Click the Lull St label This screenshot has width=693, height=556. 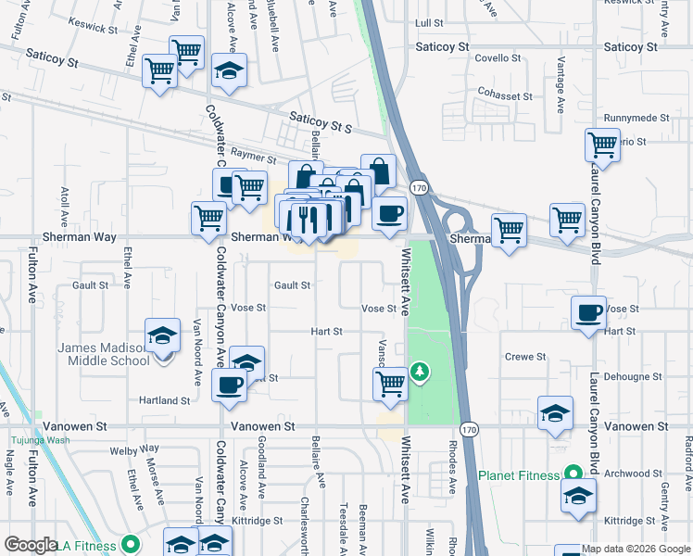click(x=431, y=22)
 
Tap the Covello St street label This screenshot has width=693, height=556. click(x=498, y=58)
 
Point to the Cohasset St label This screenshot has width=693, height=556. click(x=505, y=95)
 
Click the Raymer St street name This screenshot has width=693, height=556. click(x=254, y=158)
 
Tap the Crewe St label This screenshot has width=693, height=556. click(x=524, y=357)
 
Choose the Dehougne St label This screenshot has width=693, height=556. click(x=634, y=377)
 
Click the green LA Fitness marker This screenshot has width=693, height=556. click(x=130, y=545)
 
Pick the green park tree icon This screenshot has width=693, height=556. click(x=421, y=372)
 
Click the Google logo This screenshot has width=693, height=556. click(x=31, y=545)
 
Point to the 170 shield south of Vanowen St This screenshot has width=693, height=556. click(x=469, y=430)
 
